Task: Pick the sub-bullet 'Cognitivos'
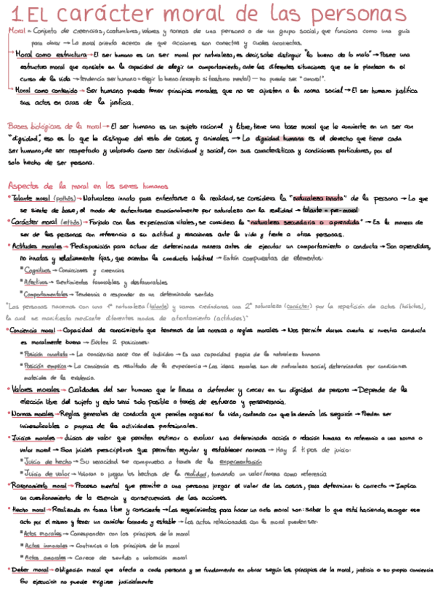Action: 38,269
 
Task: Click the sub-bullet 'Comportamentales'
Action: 48,294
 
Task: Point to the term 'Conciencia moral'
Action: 35,330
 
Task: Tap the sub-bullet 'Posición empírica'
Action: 43,366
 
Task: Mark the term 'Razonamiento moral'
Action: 40,485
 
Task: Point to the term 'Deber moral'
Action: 29,570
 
